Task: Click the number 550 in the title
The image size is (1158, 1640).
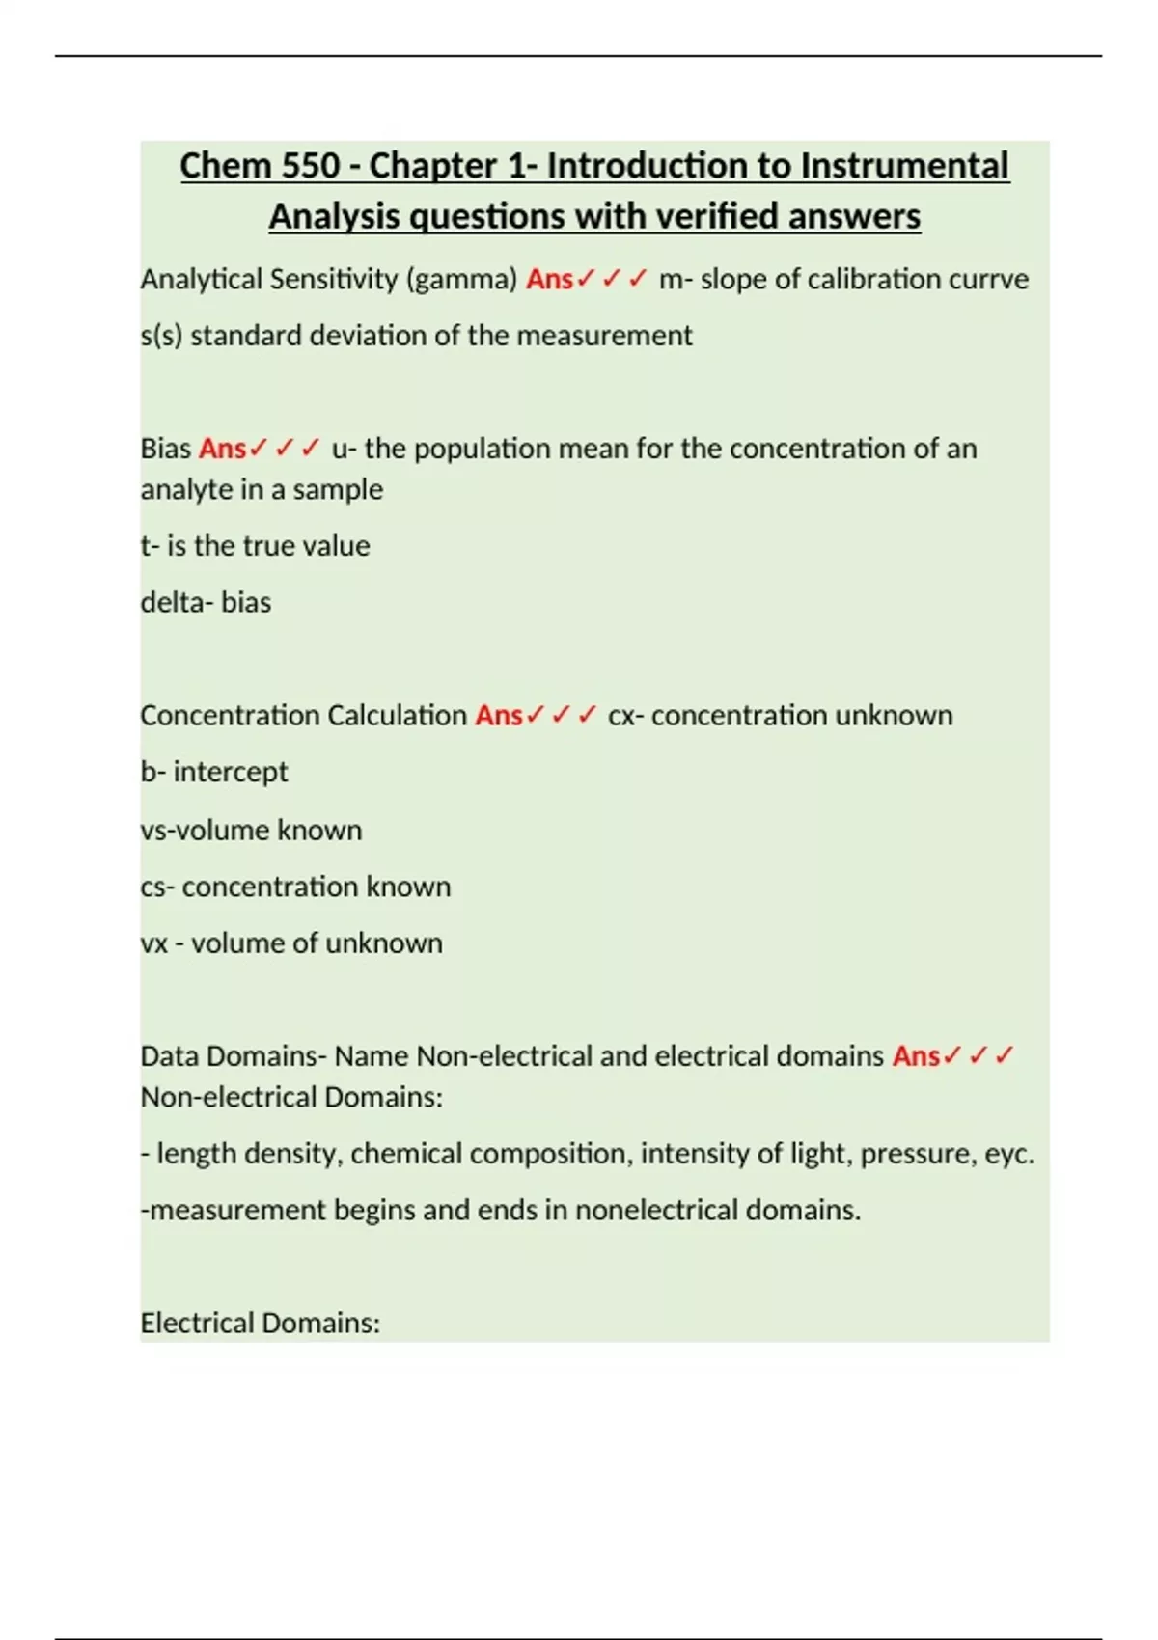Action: pyautogui.click(x=312, y=166)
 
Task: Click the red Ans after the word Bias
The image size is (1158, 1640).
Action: pyautogui.click(x=223, y=449)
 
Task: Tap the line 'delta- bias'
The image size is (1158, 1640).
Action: pyautogui.click(x=206, y=602)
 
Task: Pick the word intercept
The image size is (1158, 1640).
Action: pyautogui.click(x=231, y=772)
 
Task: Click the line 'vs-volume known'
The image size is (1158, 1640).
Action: pyautogui.click(x=251, y=830)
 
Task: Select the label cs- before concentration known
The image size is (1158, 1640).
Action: pyautogui.click(x=157, y=887)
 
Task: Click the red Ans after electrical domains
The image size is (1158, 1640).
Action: pyautogui.click(x=916, y=1056)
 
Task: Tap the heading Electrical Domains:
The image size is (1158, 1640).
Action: pyautogui.click(x=261, y=1323)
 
